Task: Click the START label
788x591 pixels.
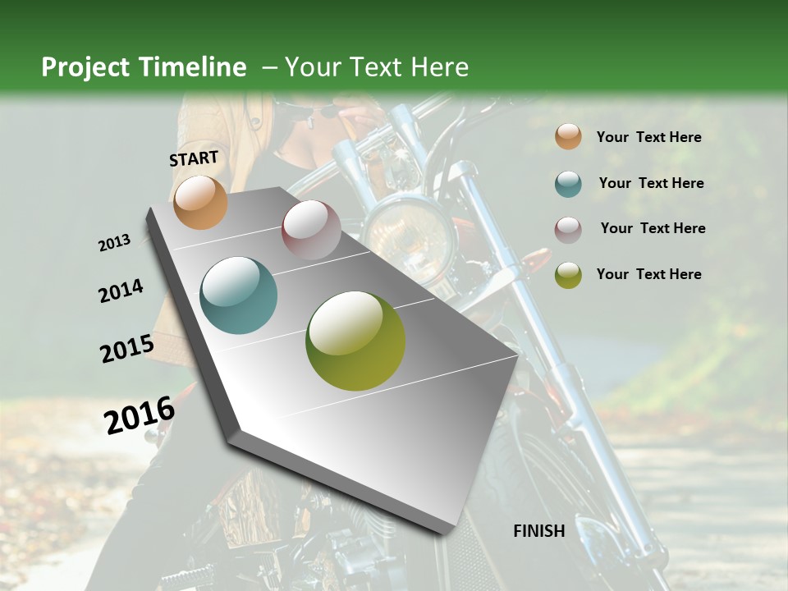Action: (194, 158)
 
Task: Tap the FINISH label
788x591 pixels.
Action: (538, 531)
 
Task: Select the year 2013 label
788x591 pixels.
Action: (114, 243)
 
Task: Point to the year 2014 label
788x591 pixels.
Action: (121, 291)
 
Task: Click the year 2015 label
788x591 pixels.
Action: (126, 349)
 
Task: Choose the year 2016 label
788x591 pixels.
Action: (140, 415)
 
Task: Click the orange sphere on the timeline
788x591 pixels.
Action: (200, 202)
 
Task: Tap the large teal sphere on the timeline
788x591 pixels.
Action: (239, 295)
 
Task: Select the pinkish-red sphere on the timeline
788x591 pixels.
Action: (311, 230)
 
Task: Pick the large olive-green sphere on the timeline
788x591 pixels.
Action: (355, 341)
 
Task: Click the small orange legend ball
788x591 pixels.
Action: (568, 137)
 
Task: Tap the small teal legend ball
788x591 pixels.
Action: (568, 184)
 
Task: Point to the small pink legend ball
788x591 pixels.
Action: (568, 230)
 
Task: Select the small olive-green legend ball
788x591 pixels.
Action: (568, 275)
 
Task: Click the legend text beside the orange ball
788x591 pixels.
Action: (648, 137)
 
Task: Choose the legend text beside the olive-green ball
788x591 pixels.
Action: (648, 274)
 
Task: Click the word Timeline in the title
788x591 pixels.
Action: (193, 67)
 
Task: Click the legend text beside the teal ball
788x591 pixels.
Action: (651, 183)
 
